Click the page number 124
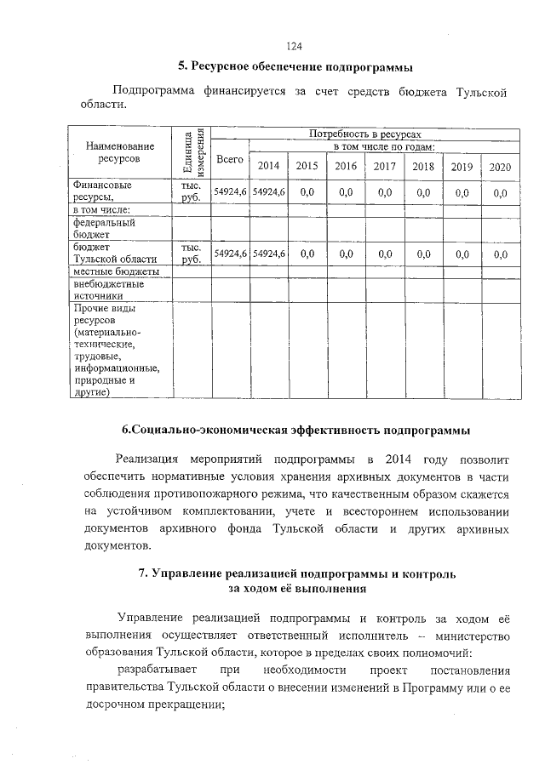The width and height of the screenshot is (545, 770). pyautogui.click(x=295, y=46)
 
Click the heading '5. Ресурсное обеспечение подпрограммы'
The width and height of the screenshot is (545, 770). pyautogui.click(x=295, y=66)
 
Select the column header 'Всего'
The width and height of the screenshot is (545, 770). pyautogui.click(x=230, y=159)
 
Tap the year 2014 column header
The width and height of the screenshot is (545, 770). pyautogui.click(x=268, y=166)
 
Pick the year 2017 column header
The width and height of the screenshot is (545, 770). pyautogui.click(x=384, y=166)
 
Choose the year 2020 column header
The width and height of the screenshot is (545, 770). pyautogui.click(x=500, y=167)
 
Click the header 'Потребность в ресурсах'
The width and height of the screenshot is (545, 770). pyautogui.click(x=365, y=134)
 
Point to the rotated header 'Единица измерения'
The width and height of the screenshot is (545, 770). pyautogui.click(x=192, y=152)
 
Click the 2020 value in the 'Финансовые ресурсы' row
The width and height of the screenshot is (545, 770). pyautogui.click(x=500, y=193)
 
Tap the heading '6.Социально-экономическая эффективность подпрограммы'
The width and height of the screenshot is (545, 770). pyautogui.click(x=295, y=430)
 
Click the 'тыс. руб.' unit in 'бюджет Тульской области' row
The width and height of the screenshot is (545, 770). pyautogui.click(x=191, y=253)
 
